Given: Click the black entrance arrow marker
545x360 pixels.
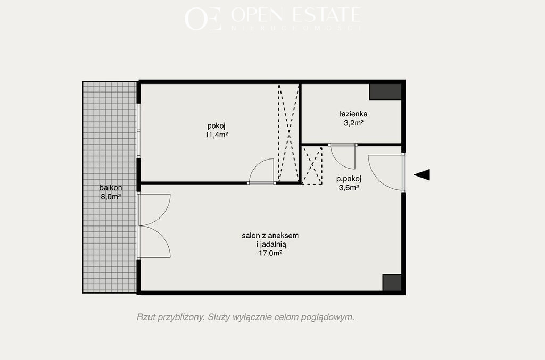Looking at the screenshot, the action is (x=422, y=174).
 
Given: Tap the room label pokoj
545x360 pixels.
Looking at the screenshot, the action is (x=216, y=126).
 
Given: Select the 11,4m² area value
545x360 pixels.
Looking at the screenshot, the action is (x=216, y=135).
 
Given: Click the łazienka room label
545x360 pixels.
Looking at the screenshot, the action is (x=353, y=114).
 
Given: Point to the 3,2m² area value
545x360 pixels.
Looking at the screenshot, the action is (x=353, y=122).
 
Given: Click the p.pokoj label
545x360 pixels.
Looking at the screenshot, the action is (x=349, y=179).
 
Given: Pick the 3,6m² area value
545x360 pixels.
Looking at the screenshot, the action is (x=349, y=188).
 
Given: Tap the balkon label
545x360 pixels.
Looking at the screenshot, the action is (x=111, y=188).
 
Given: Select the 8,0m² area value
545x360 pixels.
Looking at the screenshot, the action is (x=111, y=197).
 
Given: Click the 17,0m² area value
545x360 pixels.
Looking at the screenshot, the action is (x=270, y=253).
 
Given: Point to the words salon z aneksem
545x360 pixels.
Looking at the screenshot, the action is (x=270, y=236).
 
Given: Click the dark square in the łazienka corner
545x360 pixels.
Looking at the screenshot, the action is (x=385, y=92).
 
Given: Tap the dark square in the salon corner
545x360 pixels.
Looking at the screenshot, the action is (x=392, y=283).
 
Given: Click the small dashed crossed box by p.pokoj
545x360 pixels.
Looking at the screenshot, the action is (x=312, y=165).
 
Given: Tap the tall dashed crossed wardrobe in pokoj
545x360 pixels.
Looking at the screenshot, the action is (x=288, y=133).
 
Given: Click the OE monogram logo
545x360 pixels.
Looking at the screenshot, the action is (x=203, y=19).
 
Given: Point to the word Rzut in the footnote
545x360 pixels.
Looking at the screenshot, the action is (x=146, y=317).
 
